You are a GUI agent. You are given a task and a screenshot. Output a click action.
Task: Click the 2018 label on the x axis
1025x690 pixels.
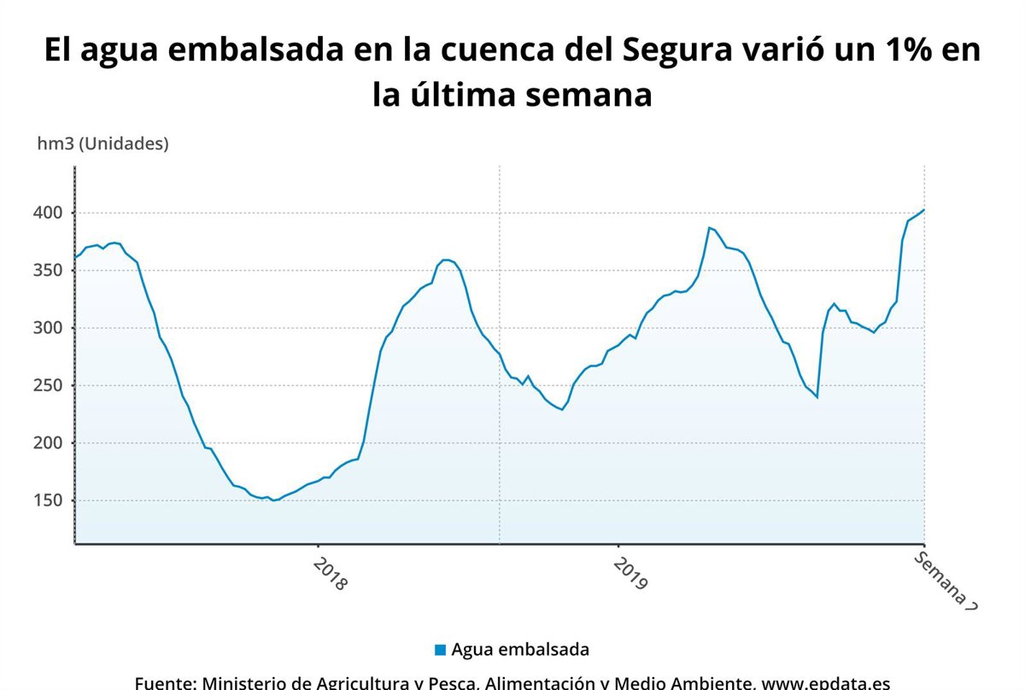click(331, 574)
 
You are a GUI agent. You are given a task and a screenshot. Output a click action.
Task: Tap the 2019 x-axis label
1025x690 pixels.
click(631, 574)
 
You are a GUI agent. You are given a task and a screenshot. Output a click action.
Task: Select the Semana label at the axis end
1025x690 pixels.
click(945, 580)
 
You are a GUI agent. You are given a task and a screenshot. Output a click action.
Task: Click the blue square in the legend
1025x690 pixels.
click(440, 650)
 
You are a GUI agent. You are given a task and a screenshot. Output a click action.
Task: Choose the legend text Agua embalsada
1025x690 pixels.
click(520, 649)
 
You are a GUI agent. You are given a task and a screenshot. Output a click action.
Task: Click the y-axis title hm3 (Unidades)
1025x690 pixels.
click(102, 143)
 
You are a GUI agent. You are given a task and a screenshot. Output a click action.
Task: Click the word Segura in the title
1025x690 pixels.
click(677, 50)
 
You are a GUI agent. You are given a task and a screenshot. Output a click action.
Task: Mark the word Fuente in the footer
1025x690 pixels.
click(166, 683)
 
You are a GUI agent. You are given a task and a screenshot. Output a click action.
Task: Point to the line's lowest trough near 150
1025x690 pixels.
click(273, 500)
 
